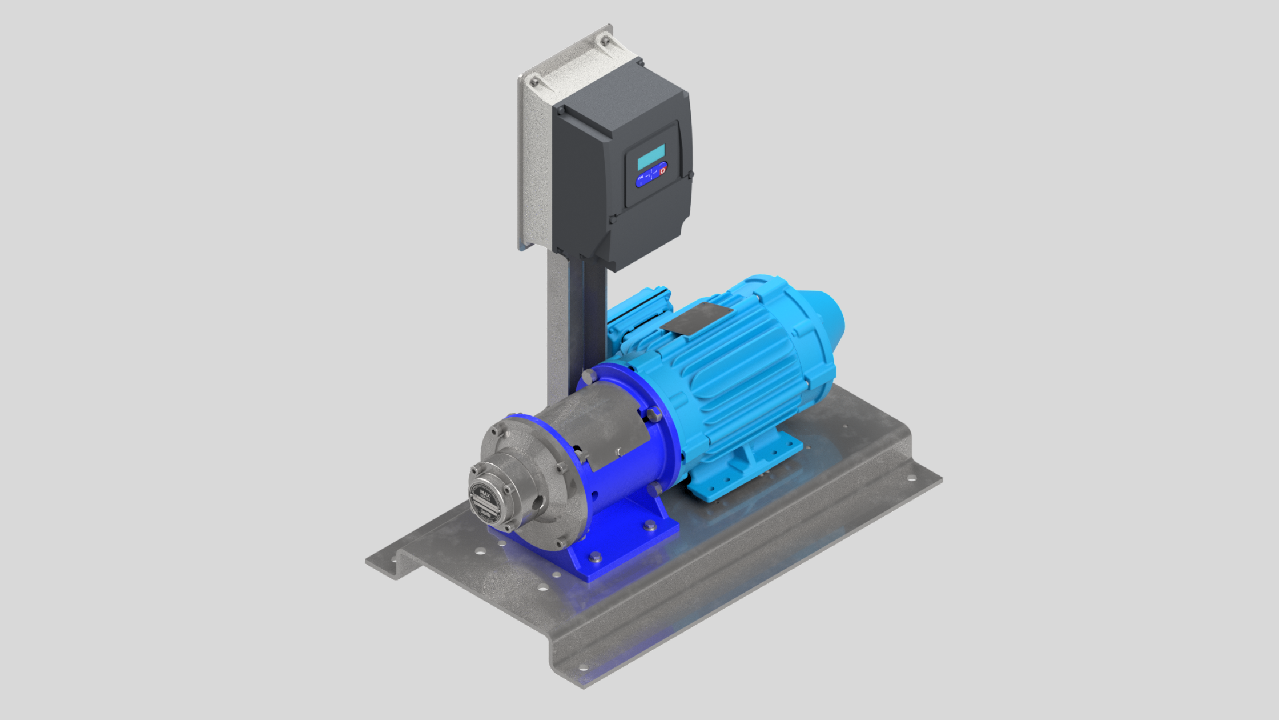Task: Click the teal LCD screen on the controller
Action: point(651,157)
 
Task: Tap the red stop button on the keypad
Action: point(663,170)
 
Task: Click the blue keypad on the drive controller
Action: point(651,175)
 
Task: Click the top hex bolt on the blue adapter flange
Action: point(588,377)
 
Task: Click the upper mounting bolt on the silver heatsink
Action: point(605,41)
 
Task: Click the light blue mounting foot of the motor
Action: point(742,469)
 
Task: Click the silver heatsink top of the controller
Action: point(577,63)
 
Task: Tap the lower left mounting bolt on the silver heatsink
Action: point(534,83)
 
